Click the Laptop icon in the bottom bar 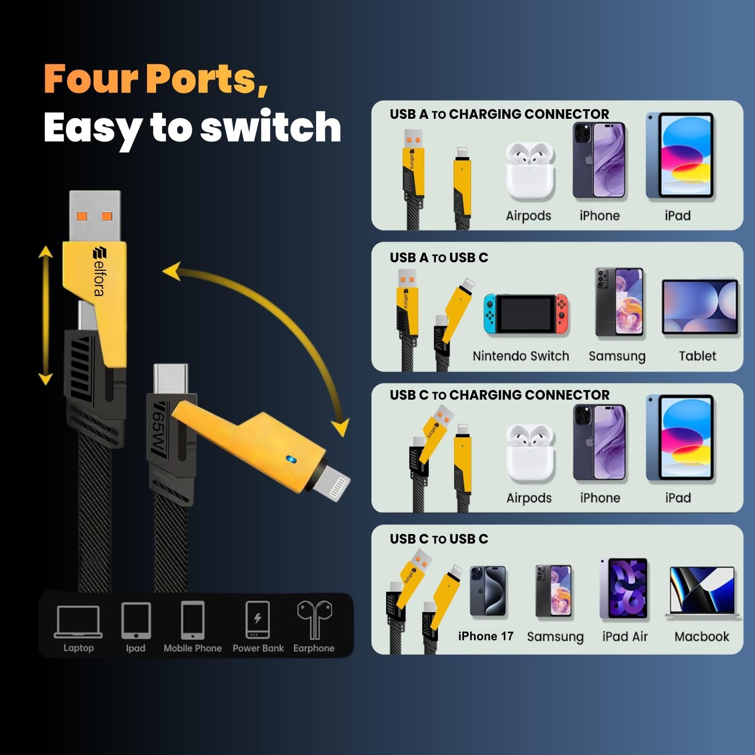[78, 622]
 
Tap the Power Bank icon [258, 620]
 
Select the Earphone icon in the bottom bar [315, 619]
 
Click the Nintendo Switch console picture [526, 314]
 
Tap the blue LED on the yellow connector [290, 459]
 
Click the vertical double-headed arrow [46, 316]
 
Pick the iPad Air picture [624, 588]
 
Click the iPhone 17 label [486, 636]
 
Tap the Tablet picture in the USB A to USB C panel [700, 307]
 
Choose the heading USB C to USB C [439, 539]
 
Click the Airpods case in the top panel [530, 171]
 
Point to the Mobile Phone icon [193, 620]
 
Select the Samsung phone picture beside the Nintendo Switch [619, 302]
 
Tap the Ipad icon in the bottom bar [136, 621]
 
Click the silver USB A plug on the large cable [95, 216]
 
